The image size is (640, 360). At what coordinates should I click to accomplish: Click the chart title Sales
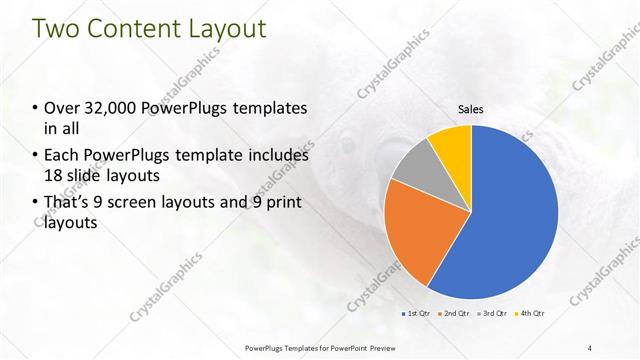(x=471, y=108)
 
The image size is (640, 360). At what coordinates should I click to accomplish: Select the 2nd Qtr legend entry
(x=454, y=313)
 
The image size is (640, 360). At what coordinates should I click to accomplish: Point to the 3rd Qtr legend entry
(x=493, y=313)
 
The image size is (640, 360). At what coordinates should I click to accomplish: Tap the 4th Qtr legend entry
(x=531, y=313)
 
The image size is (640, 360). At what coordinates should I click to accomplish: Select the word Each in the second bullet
(x=61, y=156)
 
